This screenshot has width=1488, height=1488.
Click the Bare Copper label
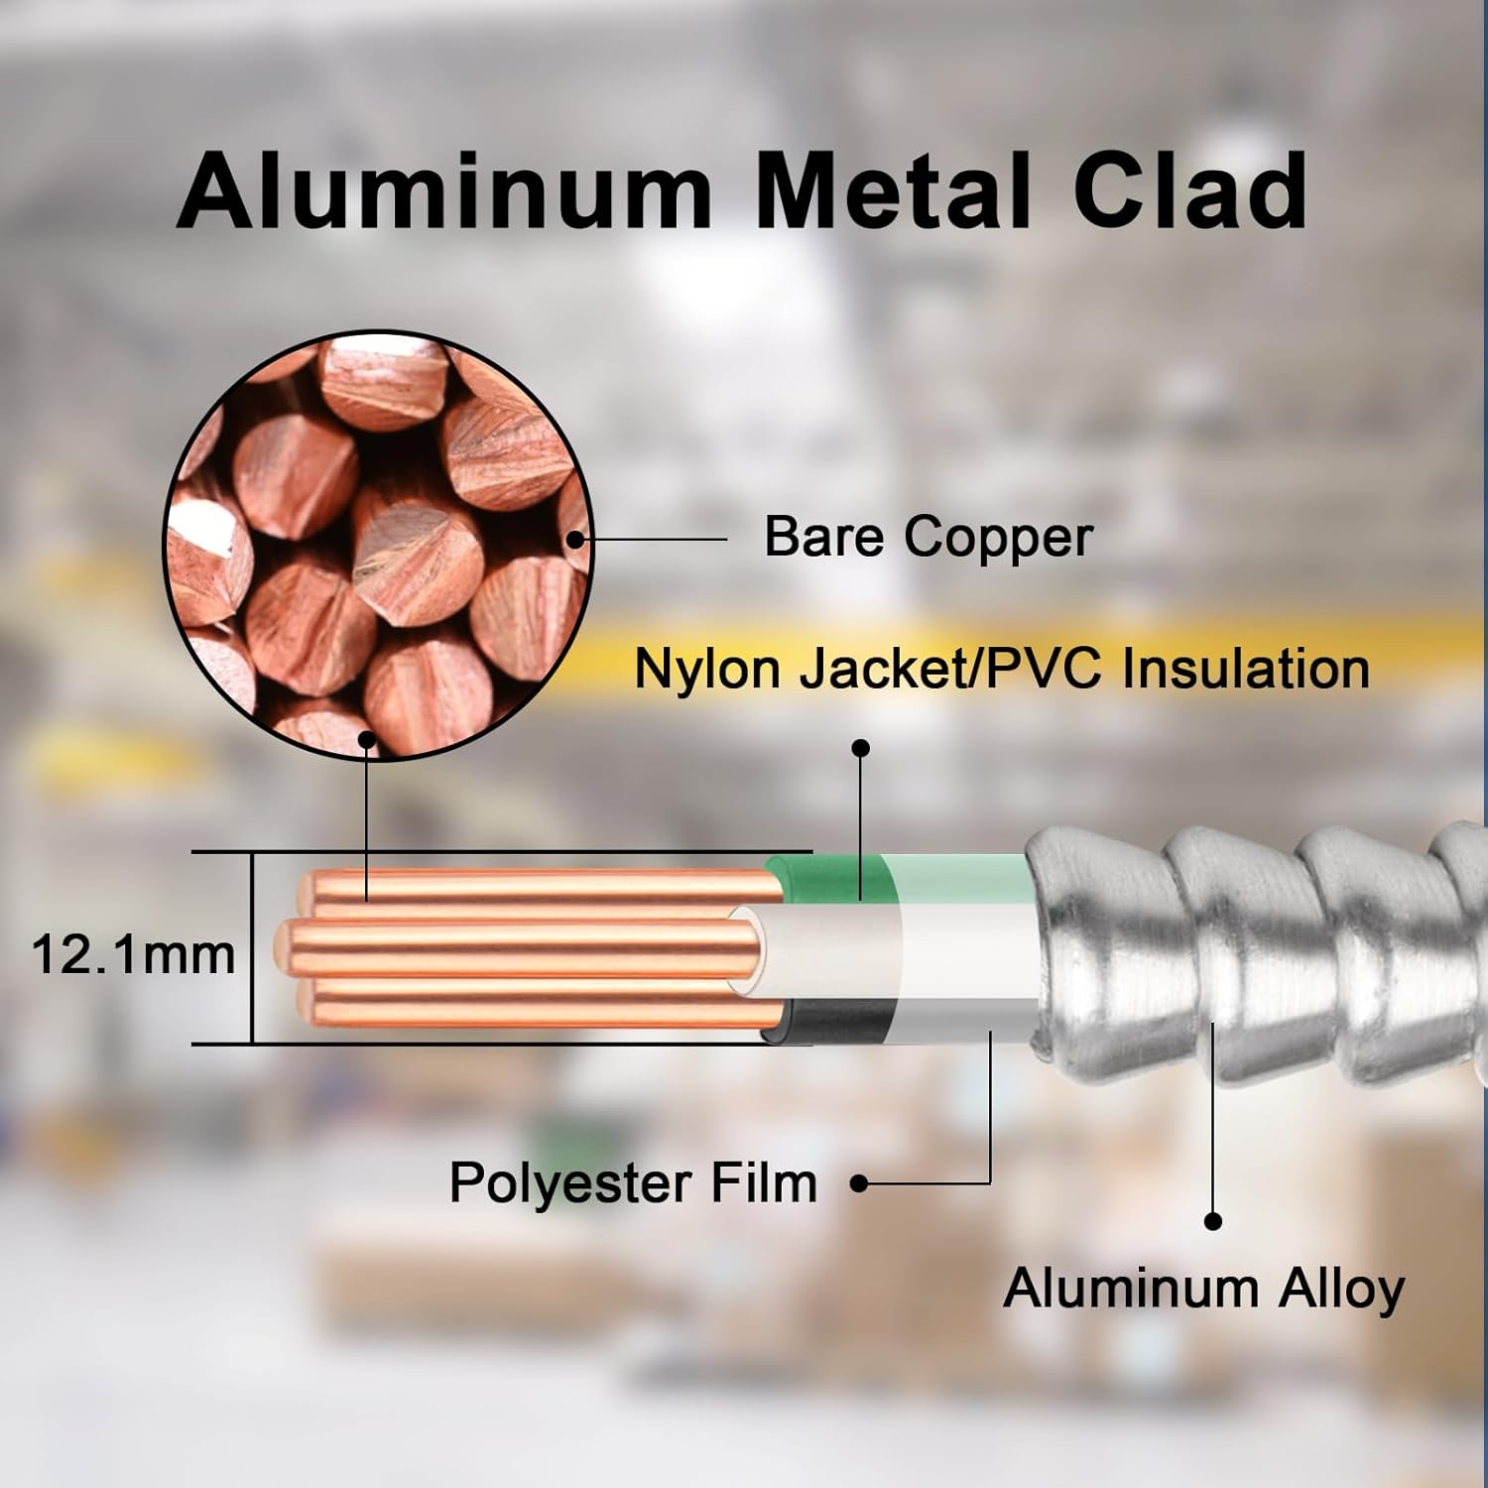928,537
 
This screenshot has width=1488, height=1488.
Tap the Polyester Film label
633,1182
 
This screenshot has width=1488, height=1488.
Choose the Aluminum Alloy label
1203,1289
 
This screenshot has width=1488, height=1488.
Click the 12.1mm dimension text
134,955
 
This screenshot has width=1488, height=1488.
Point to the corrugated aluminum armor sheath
1260,952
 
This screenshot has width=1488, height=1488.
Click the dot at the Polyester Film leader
860,1183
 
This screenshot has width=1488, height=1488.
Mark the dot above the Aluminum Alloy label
1212,1222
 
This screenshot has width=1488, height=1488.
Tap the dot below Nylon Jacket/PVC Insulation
861,748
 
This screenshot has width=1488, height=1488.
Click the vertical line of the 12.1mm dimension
252,947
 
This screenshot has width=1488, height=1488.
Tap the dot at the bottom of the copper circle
367,739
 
